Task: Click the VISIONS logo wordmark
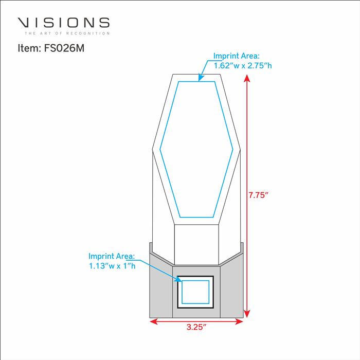click(x=64, y=23)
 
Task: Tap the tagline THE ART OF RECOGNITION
click(x=67, y=33)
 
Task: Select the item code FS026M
click(x=64, y=48)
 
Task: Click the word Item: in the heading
click(x=29, y=48)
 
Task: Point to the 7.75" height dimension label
click(x=259, y=195)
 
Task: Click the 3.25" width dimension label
click(x=196, y=327)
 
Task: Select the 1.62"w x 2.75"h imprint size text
click(x=243, y=66)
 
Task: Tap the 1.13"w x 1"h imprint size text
click(x=112, y=266)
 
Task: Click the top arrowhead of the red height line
click(x=247, y=78)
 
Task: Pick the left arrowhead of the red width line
click(x=154, y=321)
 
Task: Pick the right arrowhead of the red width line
click(x=239, y=321)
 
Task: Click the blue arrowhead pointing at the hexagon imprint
click(x=201, y=78)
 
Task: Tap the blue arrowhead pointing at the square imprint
click(x=178, y=279)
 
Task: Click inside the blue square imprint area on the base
click(x=195, y=292)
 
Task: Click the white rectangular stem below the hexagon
click(x=196, y=245)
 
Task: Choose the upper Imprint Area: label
click(x=237, y=56)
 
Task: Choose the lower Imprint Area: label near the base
click(x=112, y=256)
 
